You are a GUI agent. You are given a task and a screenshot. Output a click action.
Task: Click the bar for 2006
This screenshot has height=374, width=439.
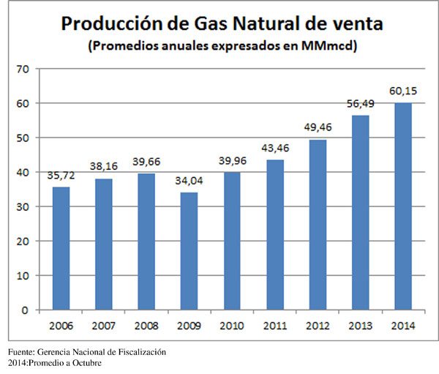coord(61,248)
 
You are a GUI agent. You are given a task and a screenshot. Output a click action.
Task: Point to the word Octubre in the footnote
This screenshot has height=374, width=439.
coord(85,363)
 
